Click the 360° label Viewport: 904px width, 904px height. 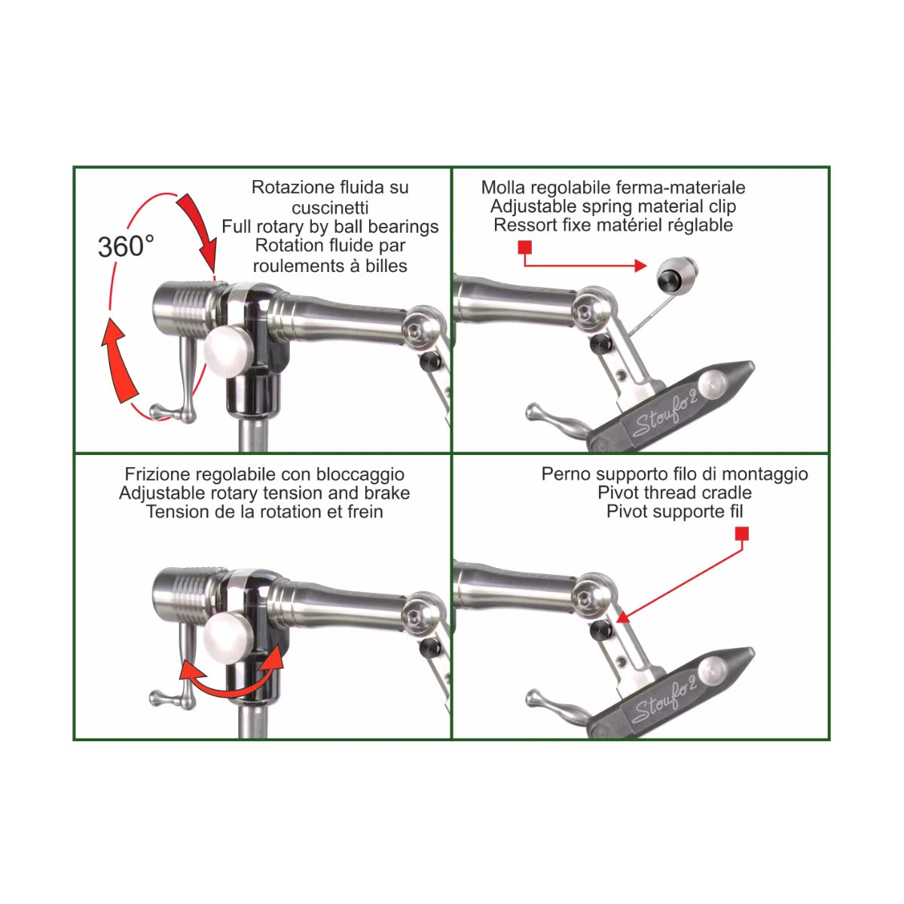126,246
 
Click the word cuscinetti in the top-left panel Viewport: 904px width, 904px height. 330,207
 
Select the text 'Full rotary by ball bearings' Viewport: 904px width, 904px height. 330,227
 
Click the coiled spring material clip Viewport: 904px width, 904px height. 677,275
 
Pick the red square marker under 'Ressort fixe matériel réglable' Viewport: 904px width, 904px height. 525,248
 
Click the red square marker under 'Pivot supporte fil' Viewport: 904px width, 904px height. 741,534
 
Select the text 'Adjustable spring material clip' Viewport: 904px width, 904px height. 613,206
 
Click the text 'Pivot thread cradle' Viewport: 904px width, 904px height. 674,493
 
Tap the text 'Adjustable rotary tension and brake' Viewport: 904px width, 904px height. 264,493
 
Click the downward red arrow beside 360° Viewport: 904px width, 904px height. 200,226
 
